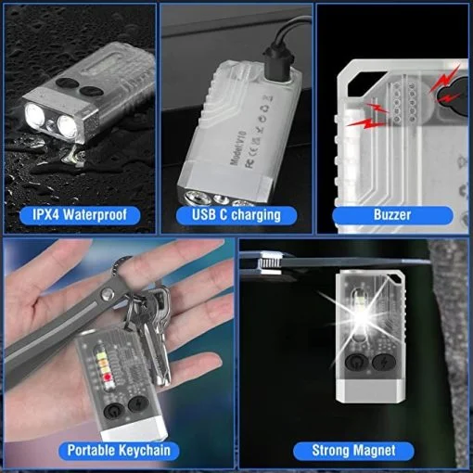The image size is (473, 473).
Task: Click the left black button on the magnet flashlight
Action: point(355,364)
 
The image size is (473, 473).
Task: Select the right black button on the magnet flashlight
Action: point(384,364)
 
